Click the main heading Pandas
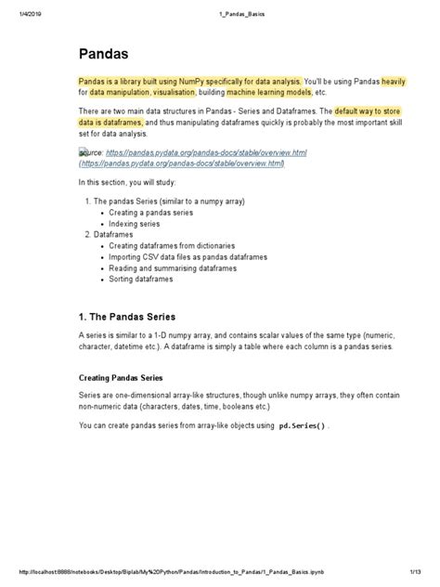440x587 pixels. coord(105,55)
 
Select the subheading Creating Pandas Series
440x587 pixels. coord(121,378)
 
